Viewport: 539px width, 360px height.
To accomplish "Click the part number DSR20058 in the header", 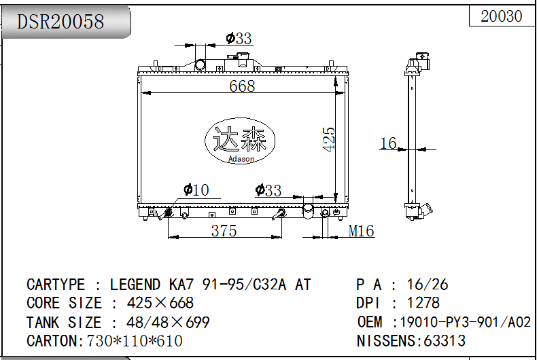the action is (60, 21).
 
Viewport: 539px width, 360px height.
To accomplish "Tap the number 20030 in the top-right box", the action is (501, 16).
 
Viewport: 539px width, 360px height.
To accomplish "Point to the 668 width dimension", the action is (242, 86).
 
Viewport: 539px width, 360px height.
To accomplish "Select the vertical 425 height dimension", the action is (328, 139).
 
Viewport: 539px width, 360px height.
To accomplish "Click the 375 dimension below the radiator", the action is (224, 230).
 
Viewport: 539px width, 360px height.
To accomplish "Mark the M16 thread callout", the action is (361, 230).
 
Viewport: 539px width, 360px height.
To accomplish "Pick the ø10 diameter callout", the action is (196, 190).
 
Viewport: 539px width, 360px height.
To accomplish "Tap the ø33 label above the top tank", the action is (239, 38).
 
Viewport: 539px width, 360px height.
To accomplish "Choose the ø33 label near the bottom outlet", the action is (268, 190).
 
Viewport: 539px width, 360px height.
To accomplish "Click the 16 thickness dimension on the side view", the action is (388, 143).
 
